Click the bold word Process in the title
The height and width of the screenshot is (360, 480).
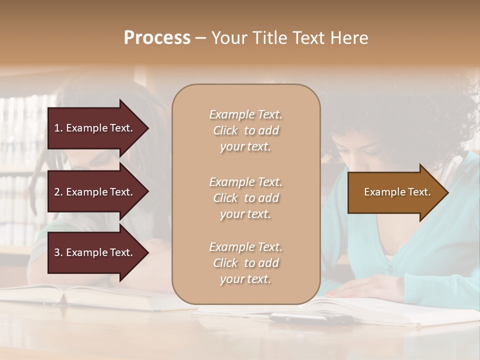(x=157, y=38)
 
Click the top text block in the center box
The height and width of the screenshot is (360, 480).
(x=245, y=130)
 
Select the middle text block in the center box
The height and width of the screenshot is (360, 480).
(x=245, y=198)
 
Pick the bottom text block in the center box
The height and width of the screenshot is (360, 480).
(x=245, y=263)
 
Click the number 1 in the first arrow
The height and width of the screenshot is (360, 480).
(x=57, y=128)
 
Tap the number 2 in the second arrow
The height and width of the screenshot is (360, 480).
(x=57, y=192)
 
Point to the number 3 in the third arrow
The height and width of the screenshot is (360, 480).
(x=57, y=252)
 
